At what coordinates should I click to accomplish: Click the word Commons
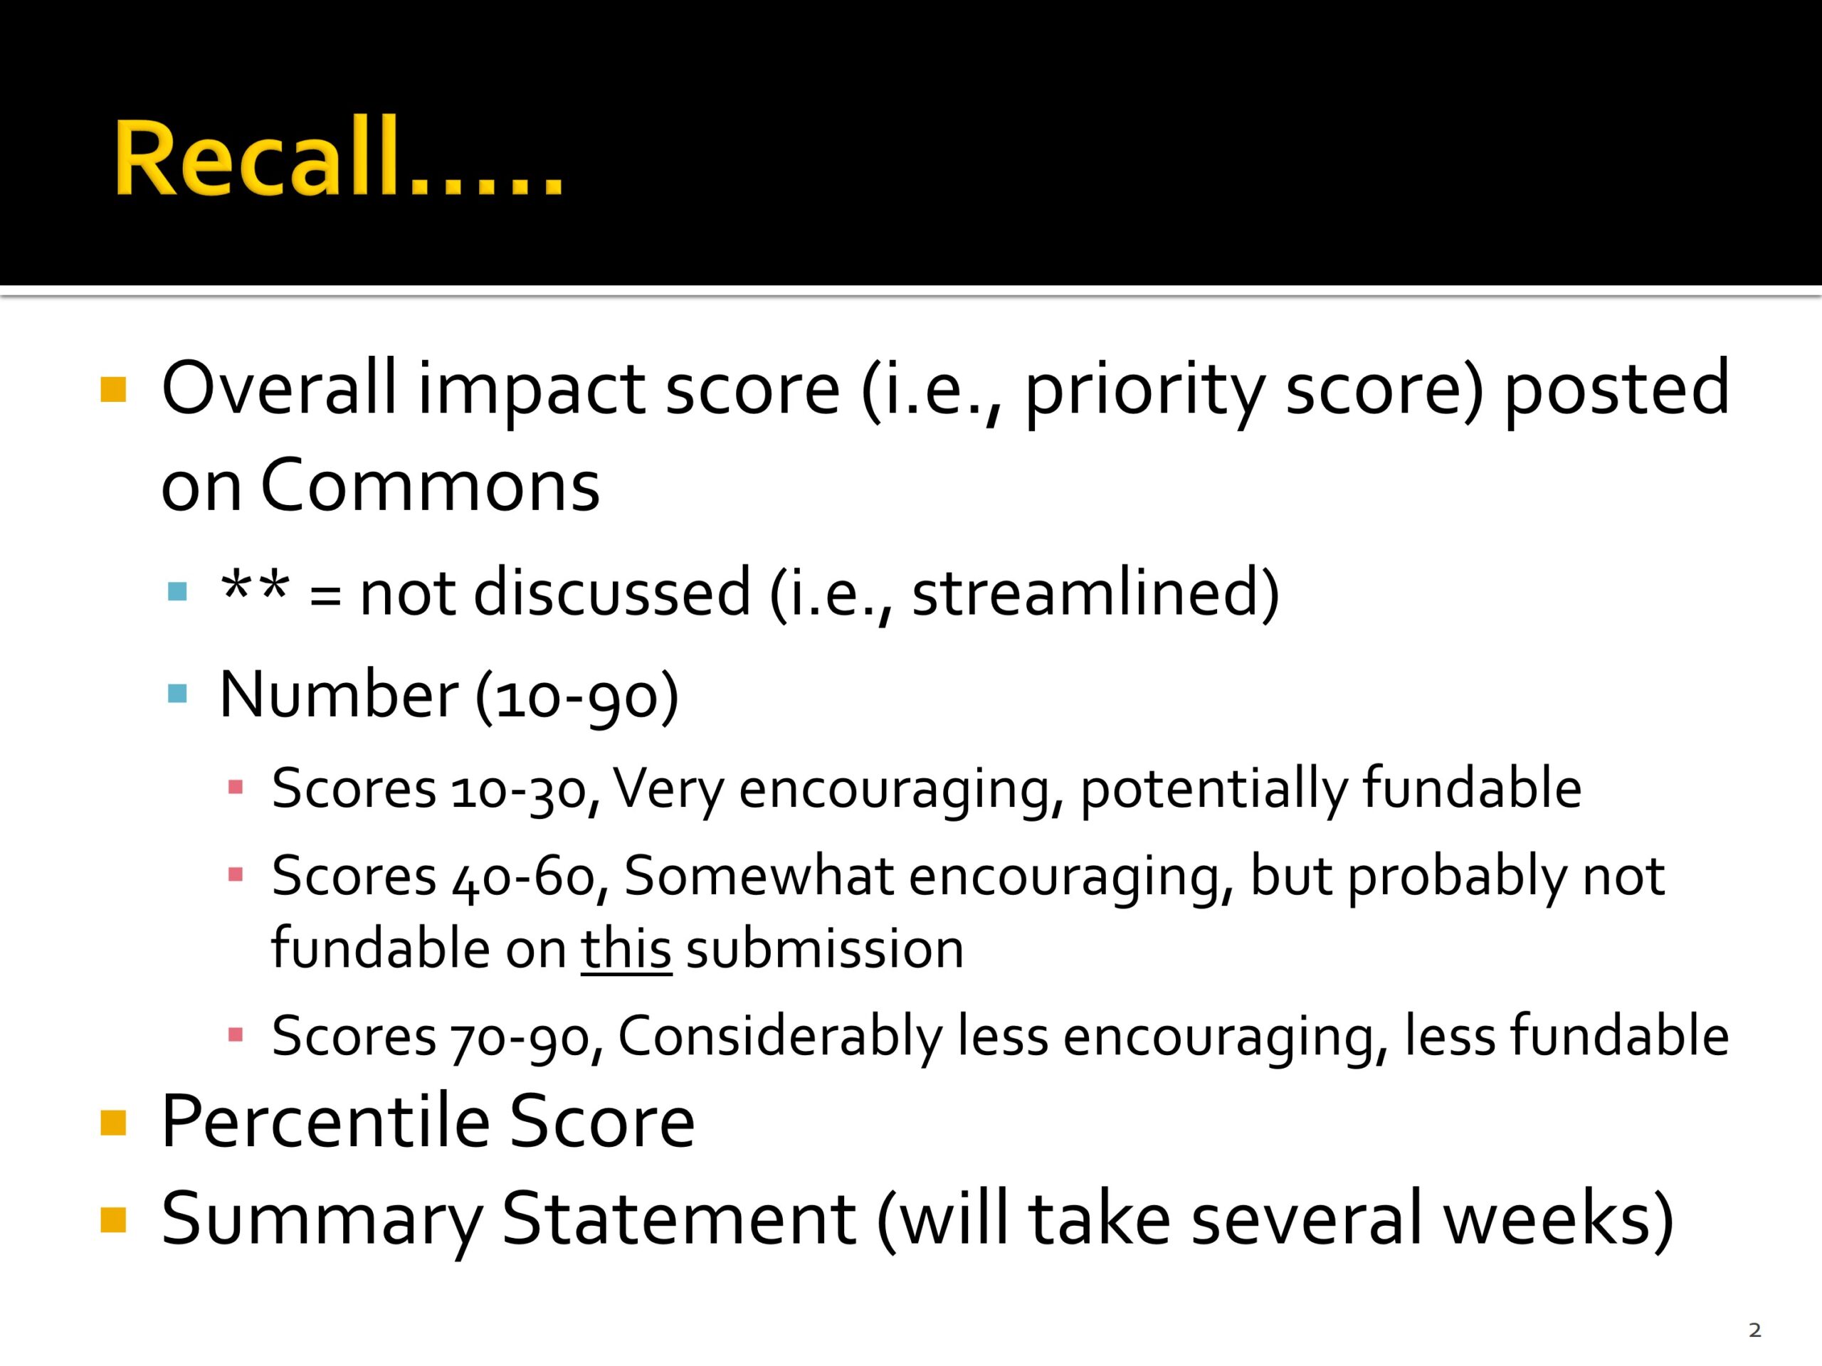click(x=429, y=486)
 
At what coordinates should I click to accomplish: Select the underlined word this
click(x=626, y=948)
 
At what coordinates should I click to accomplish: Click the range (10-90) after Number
click(x=576, y=695)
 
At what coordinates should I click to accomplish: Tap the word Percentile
click(x=325, y=1121)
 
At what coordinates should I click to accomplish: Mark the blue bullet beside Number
click(x=177, y=692)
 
